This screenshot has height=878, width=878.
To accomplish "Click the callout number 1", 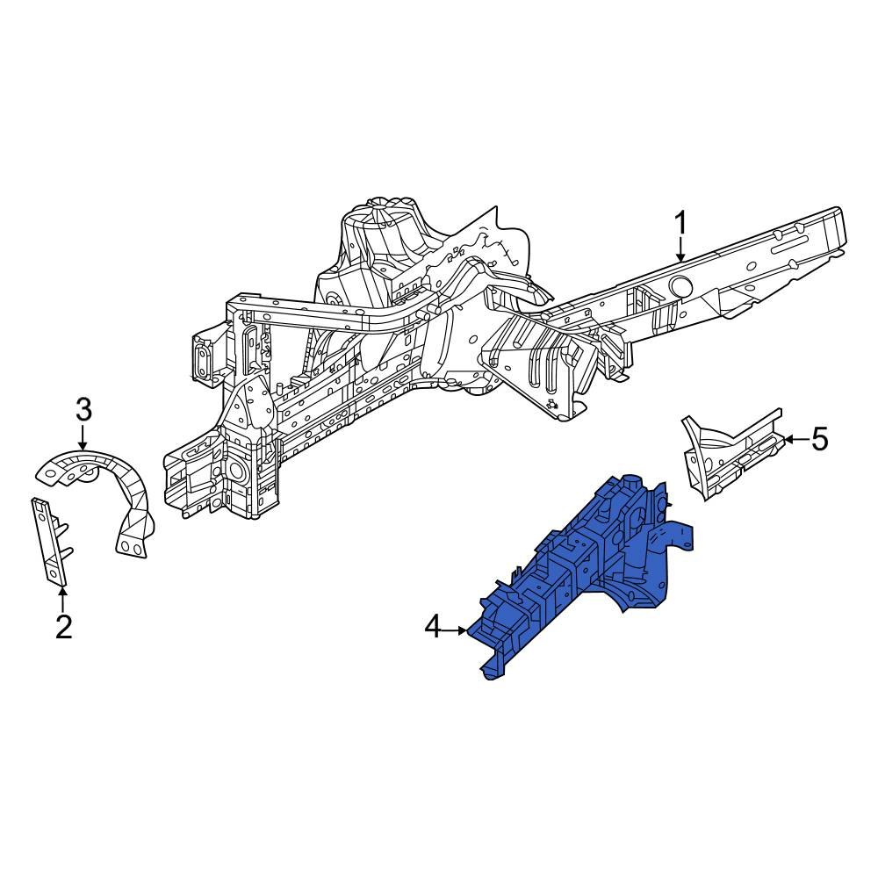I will [680, 224].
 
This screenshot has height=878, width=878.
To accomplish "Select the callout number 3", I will [83, 409].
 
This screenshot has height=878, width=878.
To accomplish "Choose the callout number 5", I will [818, 438].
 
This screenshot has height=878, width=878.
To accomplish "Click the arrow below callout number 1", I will [681, 251].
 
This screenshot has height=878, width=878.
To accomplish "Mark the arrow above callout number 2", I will [62, 600].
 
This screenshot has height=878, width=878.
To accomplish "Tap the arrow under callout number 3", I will [83, 439].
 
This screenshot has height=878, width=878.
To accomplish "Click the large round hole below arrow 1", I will [678, 284].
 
